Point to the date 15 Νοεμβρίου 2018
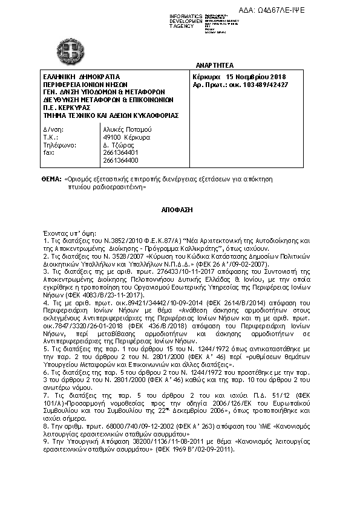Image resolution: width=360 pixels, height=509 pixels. (255, 77)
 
